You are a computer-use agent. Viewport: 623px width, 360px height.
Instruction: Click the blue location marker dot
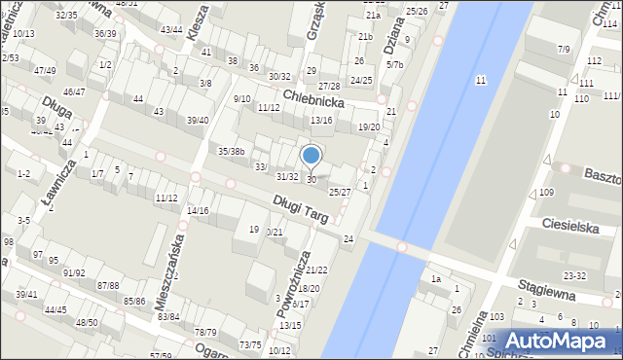click(x=311, y=155)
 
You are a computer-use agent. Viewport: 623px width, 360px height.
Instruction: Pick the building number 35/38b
click(x=231, y=151)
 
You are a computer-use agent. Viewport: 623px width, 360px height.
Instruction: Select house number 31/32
click(x=287, y=176)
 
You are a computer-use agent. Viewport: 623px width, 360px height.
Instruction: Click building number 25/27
click(x=339, y=192)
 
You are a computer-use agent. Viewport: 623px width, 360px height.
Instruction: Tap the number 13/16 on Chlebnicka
click(x=321, y=120)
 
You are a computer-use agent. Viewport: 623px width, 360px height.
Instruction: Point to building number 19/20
click(x=368, y=127)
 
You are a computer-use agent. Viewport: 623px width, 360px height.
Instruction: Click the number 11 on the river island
click(x=480, y=80)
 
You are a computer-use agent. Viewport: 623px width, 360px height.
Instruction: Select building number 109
click(x=546, y=192)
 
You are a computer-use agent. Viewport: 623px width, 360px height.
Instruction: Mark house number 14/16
click(x=198, y=210)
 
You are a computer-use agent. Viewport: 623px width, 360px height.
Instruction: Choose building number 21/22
click(x=316, y=270)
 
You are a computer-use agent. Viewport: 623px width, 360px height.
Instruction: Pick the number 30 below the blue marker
click(x=311, y=180)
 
